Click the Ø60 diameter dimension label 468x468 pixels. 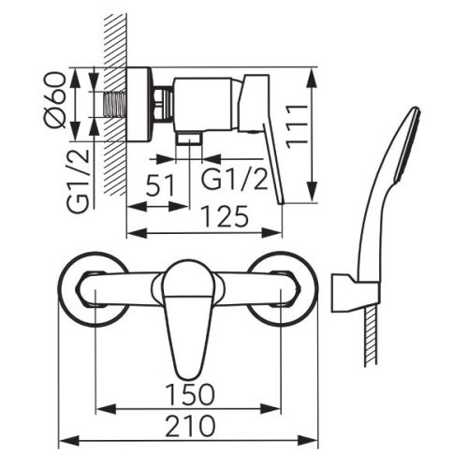(55, 100)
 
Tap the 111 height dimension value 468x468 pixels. (297, 126)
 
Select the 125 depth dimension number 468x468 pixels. (226, 216)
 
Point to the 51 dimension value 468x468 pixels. (160, 185)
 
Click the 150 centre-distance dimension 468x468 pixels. (190, 395)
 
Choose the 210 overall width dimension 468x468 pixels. (190, 426)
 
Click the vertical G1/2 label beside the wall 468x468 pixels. (78, 182)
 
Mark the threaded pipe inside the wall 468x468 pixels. (114, 105)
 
